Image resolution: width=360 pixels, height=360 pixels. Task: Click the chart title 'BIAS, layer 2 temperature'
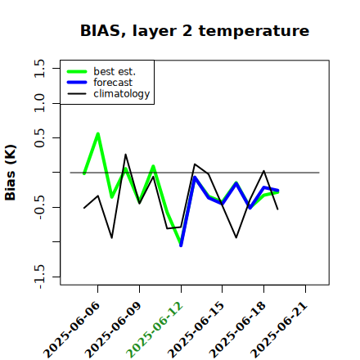point(195,31)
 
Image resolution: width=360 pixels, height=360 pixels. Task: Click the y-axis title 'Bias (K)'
point(11,173)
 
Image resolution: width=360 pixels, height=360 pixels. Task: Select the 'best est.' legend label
point(115,71)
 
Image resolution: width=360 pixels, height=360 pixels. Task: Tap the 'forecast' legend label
point(113,83)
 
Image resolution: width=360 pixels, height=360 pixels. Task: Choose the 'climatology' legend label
point(122,94)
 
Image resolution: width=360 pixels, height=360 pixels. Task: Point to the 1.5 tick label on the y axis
point(39,68)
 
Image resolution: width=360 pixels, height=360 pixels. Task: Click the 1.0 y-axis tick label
point(39,103)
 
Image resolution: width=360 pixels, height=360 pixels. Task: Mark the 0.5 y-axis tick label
point(39,137)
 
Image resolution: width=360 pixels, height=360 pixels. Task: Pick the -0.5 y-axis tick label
point(39,208)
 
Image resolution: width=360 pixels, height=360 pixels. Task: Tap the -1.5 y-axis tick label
point(39,277)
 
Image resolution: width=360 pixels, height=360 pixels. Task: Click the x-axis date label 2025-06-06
point(71,330)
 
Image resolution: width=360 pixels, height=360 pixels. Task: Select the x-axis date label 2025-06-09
point(113,330)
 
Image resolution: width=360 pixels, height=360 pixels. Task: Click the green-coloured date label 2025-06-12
point(155,330)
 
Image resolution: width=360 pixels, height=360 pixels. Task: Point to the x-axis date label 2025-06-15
point(196,330)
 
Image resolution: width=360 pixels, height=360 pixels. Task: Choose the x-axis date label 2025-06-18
point(237,330)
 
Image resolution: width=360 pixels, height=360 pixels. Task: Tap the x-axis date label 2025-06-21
point(279,330)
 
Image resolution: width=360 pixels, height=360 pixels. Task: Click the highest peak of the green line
point(98,133)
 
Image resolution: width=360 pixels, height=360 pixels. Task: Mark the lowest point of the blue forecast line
point(181,245)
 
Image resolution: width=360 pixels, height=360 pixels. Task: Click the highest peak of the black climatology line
point(125,155)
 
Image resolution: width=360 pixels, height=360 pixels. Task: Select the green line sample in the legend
point(77,71)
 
